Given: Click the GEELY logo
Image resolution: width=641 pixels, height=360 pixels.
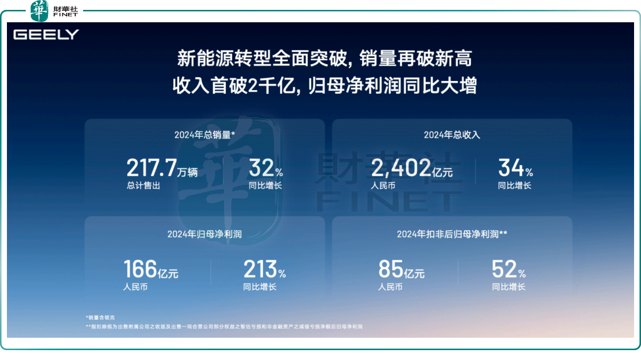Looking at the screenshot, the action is (x=46, y=35).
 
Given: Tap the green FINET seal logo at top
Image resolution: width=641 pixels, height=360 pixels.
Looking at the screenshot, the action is (x=39, y=11).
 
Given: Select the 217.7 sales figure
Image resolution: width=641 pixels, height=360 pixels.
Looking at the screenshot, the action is (x=151, y=168).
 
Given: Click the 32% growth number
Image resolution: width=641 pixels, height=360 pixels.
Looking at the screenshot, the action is (x=266, y=168).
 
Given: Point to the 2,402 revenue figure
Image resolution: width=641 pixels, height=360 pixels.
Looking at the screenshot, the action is (x=401, y=168).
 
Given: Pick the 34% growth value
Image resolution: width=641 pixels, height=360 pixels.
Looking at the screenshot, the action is (x=515, y=168).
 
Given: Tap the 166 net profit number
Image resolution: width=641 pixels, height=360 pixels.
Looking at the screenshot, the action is (x=140, y=269).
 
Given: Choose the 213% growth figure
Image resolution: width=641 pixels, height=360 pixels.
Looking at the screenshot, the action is (x=265, y=269).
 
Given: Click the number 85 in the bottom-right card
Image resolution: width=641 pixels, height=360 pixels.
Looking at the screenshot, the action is (x=391, y=269).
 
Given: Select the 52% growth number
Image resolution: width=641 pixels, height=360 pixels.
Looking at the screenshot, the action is (x=508, y=269).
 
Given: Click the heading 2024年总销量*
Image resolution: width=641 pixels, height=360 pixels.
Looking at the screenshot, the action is (x=205, y=135).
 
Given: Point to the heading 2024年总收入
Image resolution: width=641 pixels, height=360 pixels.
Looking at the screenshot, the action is (x=452, y=135).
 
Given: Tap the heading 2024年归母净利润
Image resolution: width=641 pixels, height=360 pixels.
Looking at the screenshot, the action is (x=205, y=234).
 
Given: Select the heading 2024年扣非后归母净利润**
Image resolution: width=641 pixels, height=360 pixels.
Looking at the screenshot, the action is (x=452, y=234).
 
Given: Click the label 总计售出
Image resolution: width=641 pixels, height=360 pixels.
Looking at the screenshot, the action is (x=143, y=186).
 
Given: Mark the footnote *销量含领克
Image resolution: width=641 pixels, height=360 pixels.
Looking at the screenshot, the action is (x=100, y=317).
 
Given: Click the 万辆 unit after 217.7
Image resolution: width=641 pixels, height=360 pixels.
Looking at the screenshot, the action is (x=187, y=172).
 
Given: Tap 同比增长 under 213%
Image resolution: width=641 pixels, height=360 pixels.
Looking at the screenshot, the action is (x=260, y=287).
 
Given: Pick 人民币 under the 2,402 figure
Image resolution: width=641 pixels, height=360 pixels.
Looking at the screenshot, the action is (x=383, y=186).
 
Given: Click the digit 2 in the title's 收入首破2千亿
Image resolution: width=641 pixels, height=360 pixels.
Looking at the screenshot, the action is (x=252, y=86).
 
